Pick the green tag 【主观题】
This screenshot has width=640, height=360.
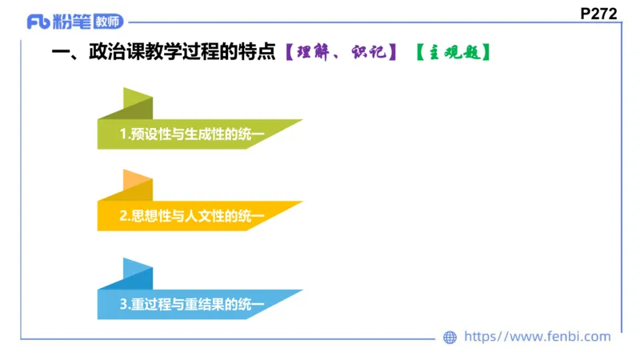(x=452, y=54)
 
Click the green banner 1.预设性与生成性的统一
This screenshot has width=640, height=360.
(x=192, y=134)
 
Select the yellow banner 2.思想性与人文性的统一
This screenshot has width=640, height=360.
(x=192, y=216)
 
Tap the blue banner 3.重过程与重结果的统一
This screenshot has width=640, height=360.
(x=192, y=305)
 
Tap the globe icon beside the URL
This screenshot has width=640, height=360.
(x=450, y=338)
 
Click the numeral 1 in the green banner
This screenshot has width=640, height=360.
(x=122, y=134)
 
